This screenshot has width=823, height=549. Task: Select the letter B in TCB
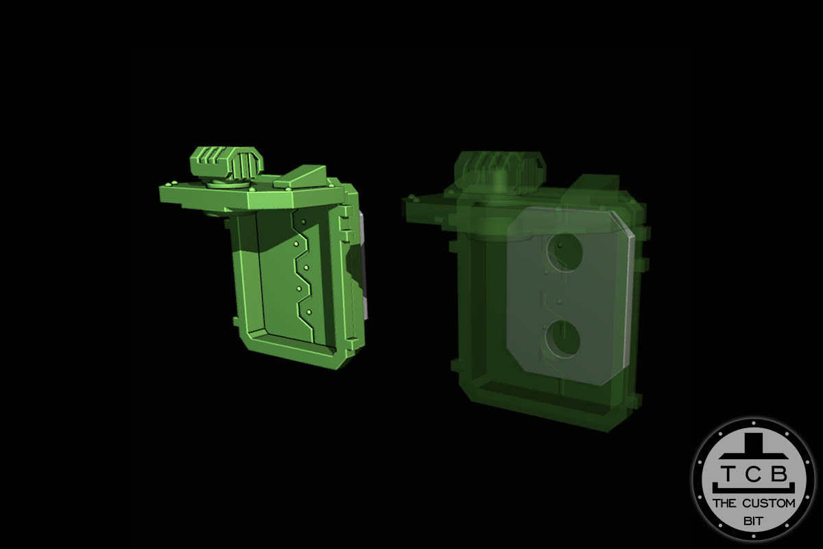[x=781, y=473]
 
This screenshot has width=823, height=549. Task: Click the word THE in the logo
[x=726, y=503]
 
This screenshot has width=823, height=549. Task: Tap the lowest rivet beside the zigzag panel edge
[x=309, y=312]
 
